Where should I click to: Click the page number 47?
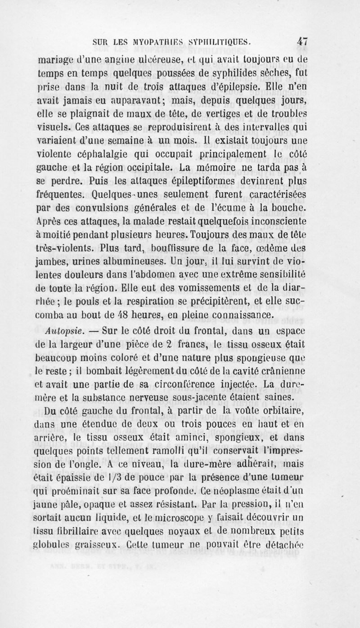301,41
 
